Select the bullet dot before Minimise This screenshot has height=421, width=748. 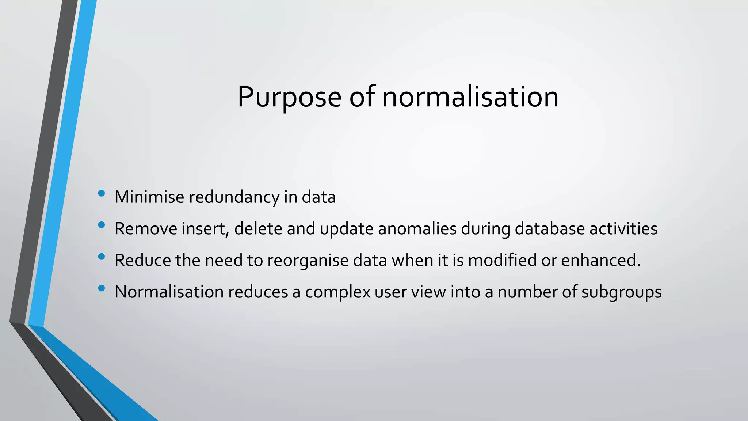point(102,193)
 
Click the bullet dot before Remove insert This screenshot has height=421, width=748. point(102,225)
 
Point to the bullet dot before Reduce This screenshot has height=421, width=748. point(102,257)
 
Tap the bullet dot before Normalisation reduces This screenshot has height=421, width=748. point(102,288)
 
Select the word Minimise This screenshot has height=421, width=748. point(149,197)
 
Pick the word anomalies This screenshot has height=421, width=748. point(417,229)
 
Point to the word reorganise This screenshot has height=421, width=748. point(308,261)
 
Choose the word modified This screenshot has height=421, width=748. point(502,260)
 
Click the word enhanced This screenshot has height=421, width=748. point(600,260)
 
